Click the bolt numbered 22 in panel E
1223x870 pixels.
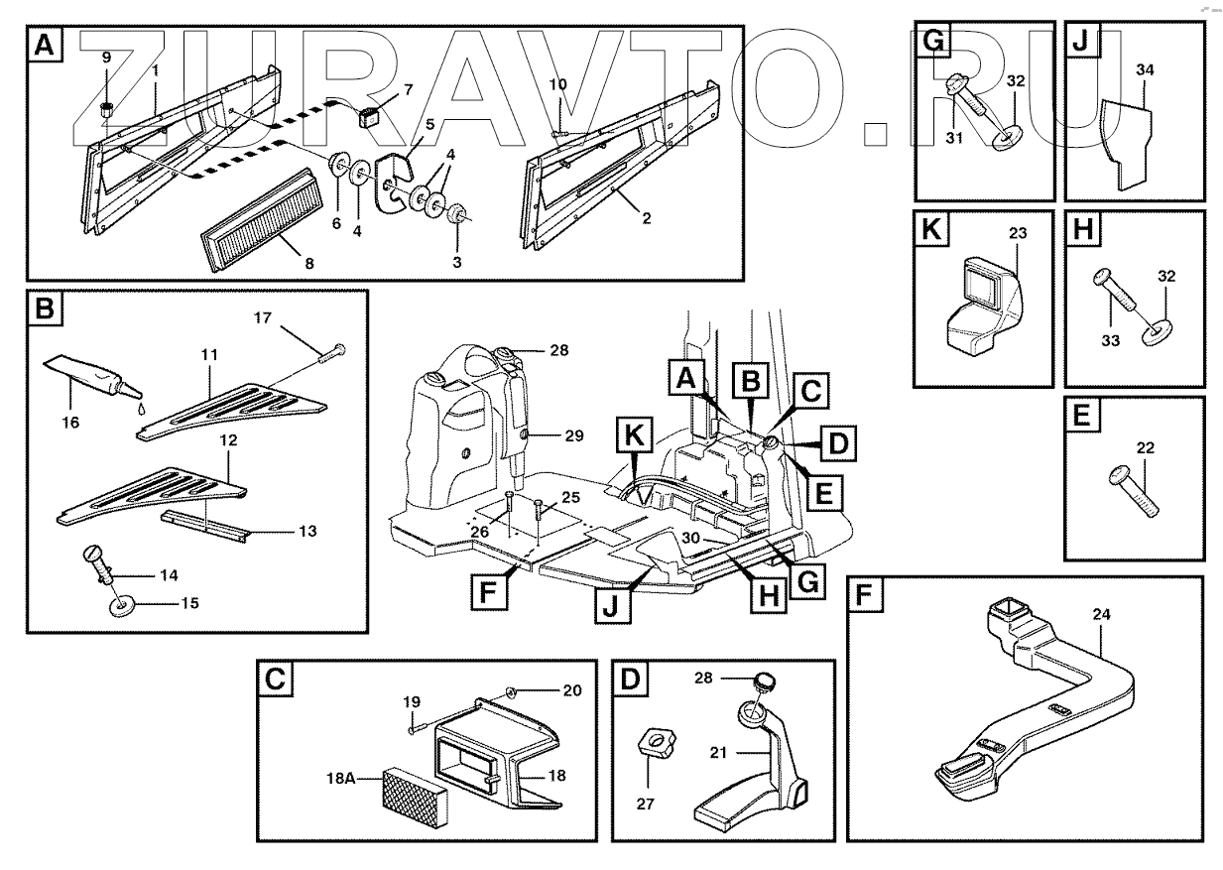pos(1134,491)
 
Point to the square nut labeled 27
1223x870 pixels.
pos(656,744)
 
